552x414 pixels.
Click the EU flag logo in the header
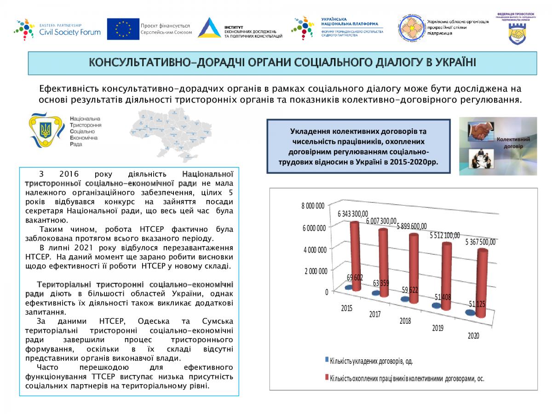(x=123, y=29)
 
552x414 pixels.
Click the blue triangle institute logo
(x=209, y=28)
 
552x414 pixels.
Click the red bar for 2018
(x=414, y=269)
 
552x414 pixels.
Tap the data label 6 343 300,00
(x=353, y=214)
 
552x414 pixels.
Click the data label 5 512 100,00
(x=444, y=236)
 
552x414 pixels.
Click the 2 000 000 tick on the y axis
(x=316, y=270)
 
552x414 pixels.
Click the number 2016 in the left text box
(x=69, y=174)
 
